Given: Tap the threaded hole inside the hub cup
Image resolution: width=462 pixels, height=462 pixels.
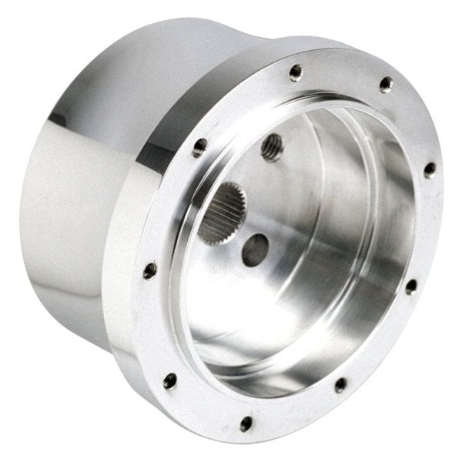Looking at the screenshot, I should pyautogui.click(x=271, y=146).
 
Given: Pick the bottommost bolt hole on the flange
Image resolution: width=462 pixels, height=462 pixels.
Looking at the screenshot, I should pyautogui.click(x=246, y=423).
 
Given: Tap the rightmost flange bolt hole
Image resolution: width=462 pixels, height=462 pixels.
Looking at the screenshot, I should pyautogui.click(x=429, y=169).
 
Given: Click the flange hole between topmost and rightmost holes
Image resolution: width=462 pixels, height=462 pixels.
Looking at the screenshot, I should pyautogui.click(x=386, y=84).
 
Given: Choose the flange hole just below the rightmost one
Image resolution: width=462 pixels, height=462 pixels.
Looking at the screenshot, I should pyautogui.click(x=411, y=286).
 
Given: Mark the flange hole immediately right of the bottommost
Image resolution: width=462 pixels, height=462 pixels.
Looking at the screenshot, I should pyautogui.click(x=340, y=383).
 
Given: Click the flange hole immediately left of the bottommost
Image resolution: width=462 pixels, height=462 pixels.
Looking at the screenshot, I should pyautogui.click(x=170, y=380).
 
